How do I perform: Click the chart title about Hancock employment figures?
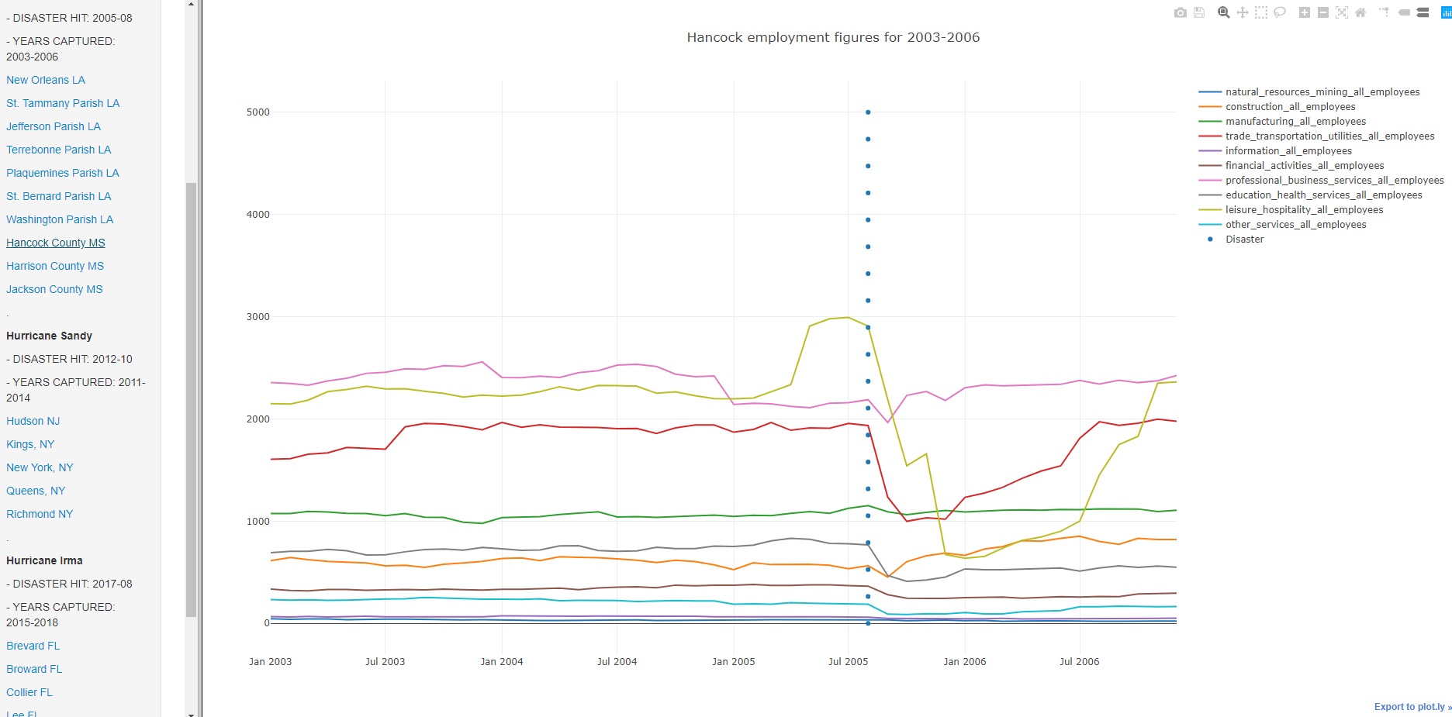[x=833, y=37]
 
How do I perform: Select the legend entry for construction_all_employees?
[x=1290, y=107]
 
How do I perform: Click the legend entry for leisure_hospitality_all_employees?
[x=1304, y=210]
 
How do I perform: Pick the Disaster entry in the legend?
[x=1244, y=240]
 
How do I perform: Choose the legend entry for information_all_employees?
[x=1288, y=151]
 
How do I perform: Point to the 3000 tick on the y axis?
[x=258, y=317]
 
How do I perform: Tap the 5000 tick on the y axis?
[x=258, y=112]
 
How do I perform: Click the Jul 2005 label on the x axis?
[x=848, y=662]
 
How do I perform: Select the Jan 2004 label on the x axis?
[x=501, y=662]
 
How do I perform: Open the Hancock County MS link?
[x=56, y=243]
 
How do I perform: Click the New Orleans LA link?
[x=46, y=80]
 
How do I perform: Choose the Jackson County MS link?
[x=54, y=289]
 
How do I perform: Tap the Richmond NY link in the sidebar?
[x=40, y=514]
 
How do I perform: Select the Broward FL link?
[x=34, y=669]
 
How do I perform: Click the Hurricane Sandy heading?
[x=49, y=336]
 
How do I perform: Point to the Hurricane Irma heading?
[x=44, y=560]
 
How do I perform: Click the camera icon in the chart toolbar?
[x=1181, y=12]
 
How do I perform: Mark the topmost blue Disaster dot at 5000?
[x=868, y=112]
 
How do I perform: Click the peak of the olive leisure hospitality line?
[x=848, y=317]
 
